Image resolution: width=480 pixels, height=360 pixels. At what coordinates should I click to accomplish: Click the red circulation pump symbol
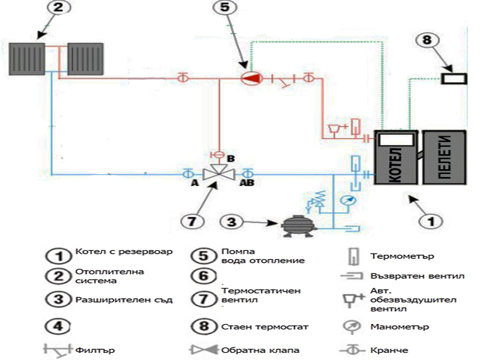(x=247, y=78)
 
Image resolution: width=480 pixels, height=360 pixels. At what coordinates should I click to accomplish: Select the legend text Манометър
(x=392, y=327)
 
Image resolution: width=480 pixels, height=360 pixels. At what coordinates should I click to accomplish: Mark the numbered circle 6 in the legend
(x=204, y=276)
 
